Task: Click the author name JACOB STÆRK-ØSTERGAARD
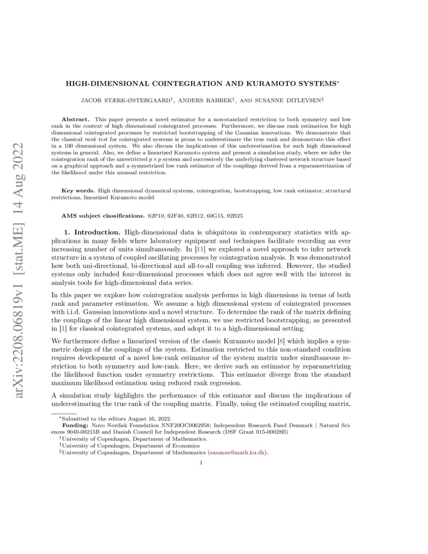pos(134,101)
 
